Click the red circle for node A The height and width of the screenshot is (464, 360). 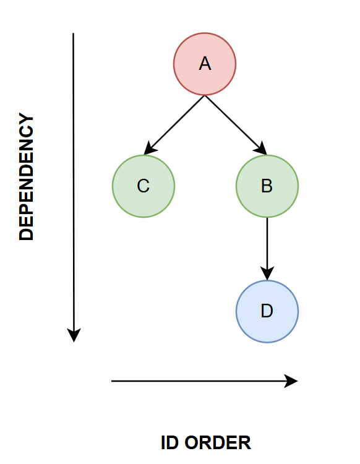coord(205,64)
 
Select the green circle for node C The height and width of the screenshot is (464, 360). coord(144,186)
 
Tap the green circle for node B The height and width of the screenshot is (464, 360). coord(267,186)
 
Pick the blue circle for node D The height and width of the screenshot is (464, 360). coord(267,311)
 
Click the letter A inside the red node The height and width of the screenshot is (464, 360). coord(205,64)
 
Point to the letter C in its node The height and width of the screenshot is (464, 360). coord(143,186)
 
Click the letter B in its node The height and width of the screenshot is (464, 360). coord(267,186)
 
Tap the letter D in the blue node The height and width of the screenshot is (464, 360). coord(267,311)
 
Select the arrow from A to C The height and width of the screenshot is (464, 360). coord(174,125)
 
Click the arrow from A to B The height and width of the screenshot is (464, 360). coord(236,125)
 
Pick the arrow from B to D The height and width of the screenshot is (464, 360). coord(267,249)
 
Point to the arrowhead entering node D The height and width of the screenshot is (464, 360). coord(267,273)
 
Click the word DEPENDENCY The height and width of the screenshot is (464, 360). coord(27,176)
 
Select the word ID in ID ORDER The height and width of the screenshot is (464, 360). coord(169,443)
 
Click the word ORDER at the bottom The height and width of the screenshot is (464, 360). coord(217,443)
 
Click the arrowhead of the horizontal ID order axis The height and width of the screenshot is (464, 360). coord(291,381)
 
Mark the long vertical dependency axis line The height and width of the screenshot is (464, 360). coord(74,187)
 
